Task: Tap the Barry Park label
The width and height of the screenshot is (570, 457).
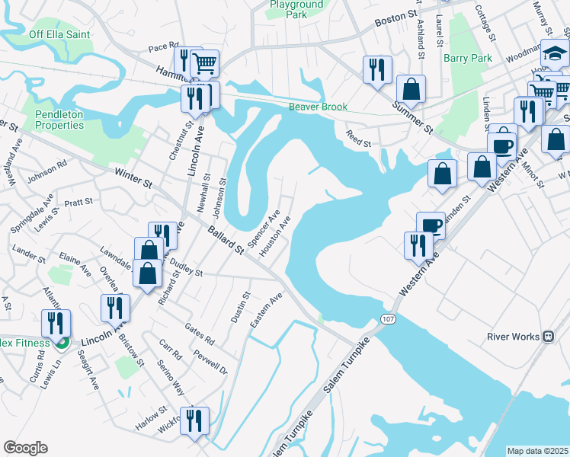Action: tap(466, 58)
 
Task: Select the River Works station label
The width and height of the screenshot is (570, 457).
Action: tap(513, 337)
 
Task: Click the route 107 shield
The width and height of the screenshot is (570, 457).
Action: tap(389, 320)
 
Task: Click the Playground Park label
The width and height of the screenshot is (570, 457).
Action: tap(296, 9)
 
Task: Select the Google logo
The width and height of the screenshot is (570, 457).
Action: tap(25, 448)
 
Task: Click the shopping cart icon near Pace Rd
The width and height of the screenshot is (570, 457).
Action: tap(205, 64)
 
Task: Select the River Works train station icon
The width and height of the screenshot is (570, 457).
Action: tap(547, 337)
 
